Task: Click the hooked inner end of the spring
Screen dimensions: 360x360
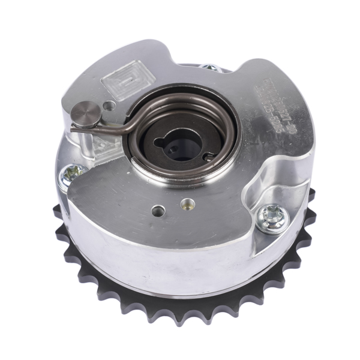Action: tap(208, 157)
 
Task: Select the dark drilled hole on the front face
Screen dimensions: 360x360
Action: tap(158, 211)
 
